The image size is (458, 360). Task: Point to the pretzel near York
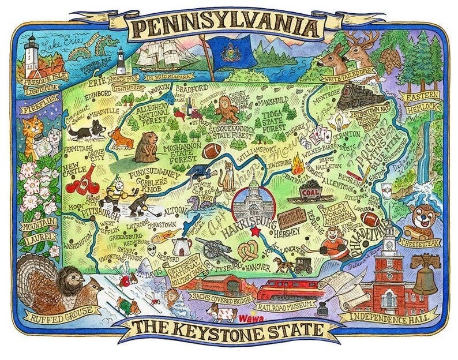(x=249, y=252)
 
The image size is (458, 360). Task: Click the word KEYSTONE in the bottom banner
(x=239, y=332)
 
